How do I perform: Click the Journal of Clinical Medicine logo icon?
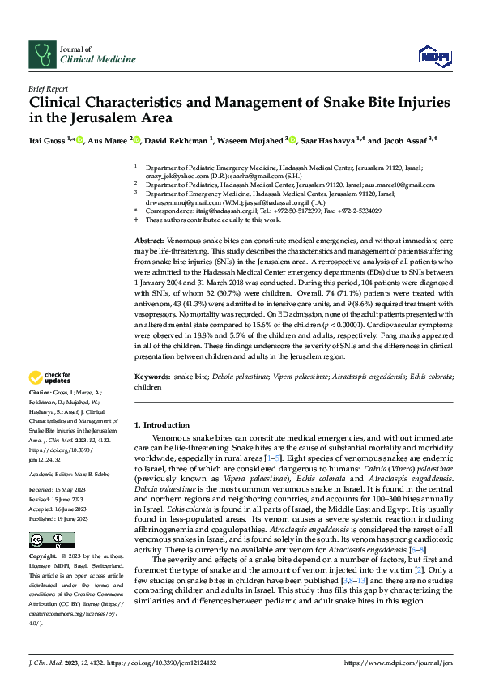[x=41, y=54]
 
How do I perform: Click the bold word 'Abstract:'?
[x=149, y=242]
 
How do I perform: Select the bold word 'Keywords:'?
[x=151, y=377]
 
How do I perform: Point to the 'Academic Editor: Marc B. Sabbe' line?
[x=71, y=474]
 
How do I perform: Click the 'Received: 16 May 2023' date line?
[x=61, y=489]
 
